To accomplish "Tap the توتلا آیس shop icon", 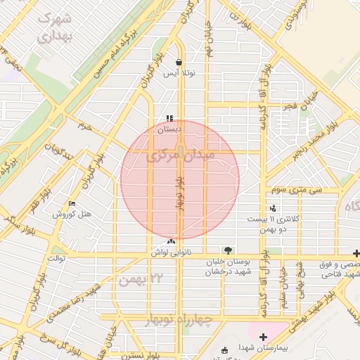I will (x=179, y=62).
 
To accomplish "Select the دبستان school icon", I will (x=169, y=118).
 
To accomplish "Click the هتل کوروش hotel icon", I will (x=72, y=204).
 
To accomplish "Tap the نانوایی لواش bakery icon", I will (x=172, y=241).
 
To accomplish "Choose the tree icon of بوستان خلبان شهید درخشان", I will (x=226, y=250).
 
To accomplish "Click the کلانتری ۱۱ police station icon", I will (x=273, y=208).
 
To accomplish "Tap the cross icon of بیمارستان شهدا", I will (x=263, y=337).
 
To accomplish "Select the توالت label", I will (x=56, y=258).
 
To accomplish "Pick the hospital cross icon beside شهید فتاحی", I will (x=356, y=253).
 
